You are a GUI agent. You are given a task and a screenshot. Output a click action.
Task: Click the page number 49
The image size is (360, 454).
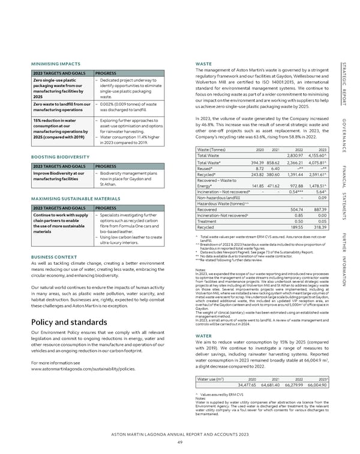click(179, 441)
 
